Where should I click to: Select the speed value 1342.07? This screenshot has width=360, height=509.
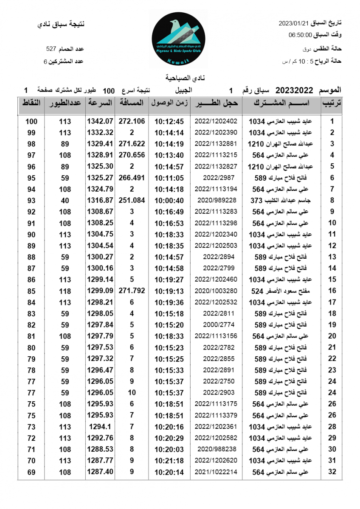pos(100,121)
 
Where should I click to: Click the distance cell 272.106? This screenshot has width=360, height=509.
pos(132,121)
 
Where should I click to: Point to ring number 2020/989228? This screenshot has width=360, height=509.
pos(216,200)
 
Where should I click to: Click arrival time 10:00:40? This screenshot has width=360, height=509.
pos(169,200)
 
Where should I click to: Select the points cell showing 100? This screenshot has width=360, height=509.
pos(31,121)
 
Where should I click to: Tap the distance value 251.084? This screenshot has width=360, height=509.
pos(132,200)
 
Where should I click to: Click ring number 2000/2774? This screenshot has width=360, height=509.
pos(216,325)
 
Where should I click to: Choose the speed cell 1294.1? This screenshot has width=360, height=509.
pos(100,427)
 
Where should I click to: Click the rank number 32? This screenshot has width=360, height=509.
pos(332,472)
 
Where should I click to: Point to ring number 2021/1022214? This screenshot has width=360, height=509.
pos(216,472)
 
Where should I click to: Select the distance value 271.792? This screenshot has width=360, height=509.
pos(132,291)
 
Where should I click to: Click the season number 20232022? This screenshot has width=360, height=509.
pos(294,90)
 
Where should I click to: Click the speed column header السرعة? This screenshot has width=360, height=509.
pos(100,103)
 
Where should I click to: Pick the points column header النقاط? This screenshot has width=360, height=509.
pos(31,103)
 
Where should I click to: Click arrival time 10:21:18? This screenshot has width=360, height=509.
pos(169,461)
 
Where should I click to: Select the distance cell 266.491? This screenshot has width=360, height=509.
pos(132,178)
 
